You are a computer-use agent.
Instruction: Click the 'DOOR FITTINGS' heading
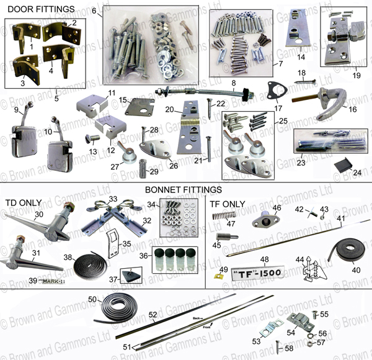pos(38,9)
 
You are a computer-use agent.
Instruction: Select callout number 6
pos(93,11)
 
